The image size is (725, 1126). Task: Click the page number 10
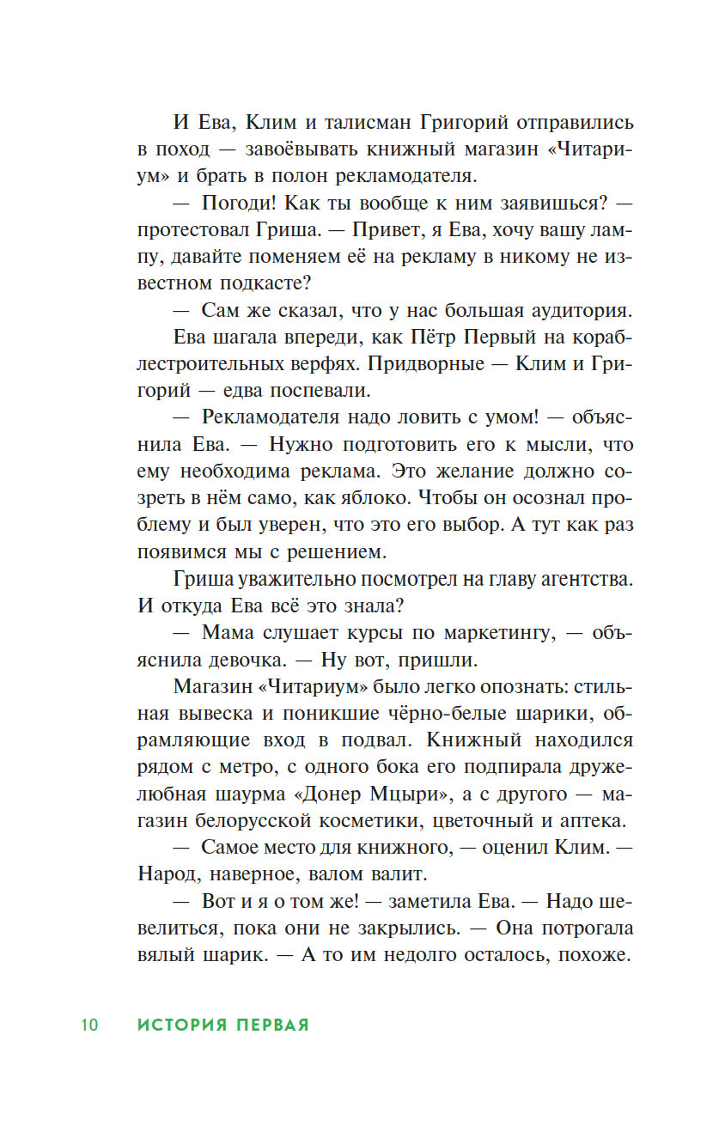pyautogui.click(x=89, y=1025)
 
